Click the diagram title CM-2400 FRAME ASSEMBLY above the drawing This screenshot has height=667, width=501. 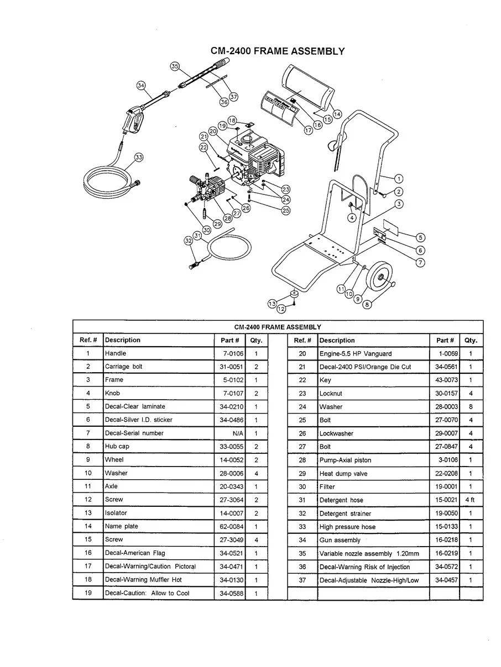click(x=278, y=51)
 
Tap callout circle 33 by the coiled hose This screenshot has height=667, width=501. click(x=139, y=157)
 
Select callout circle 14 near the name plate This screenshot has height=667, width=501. click(x=337, y=114)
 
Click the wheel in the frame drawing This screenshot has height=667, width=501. click(x=380, y=279)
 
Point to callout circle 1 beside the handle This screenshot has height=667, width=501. click(x=399, y=178)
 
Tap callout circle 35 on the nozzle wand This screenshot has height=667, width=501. click(x=175, y=66)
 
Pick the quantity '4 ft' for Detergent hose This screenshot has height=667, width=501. click(x=470, y=500)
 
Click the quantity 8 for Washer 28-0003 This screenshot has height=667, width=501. click(x=470, y=407)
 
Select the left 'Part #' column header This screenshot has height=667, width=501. click(x=229, y=340)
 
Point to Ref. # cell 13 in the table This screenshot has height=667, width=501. click(x=88, y=513)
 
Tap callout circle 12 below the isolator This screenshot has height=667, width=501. click(x=281, y=309)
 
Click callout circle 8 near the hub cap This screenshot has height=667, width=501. click(x=367, y=304)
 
